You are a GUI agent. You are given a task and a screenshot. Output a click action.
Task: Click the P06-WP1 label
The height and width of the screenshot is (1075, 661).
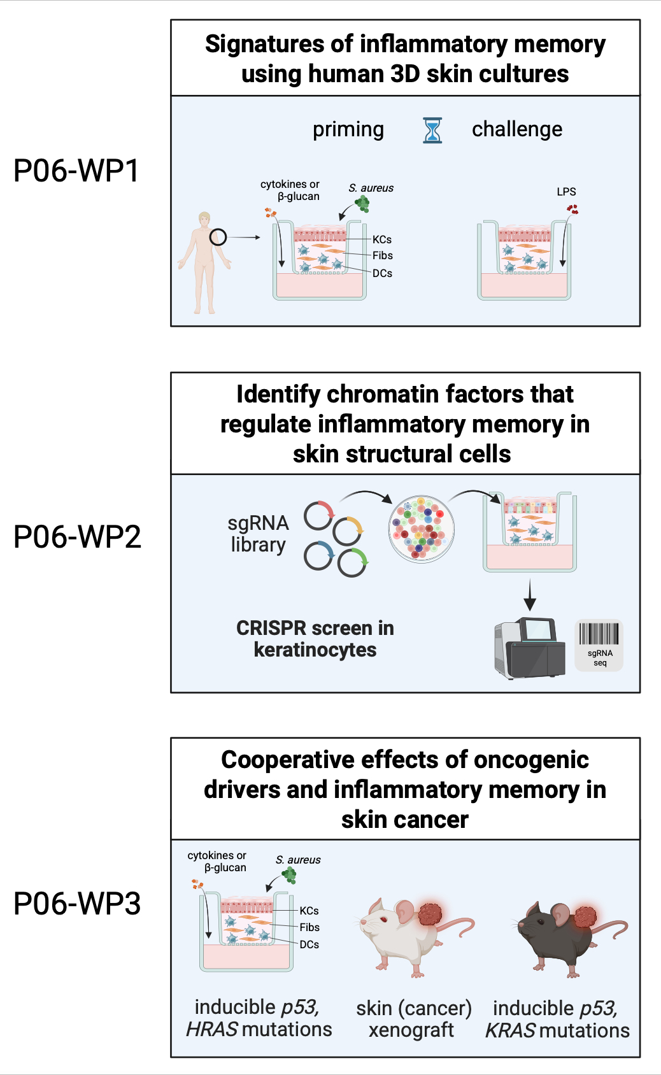[76, 171]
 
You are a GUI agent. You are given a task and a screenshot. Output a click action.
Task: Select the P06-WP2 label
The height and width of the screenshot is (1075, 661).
[77, 537]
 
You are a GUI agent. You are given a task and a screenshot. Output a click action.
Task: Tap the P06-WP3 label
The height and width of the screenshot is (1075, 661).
[77, 904]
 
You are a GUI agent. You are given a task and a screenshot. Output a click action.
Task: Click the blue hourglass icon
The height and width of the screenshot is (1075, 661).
[432, 130]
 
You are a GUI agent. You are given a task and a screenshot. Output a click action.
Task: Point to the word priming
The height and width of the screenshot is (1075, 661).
[348, 129]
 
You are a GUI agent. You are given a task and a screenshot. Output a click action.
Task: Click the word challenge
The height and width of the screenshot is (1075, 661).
[516, 129]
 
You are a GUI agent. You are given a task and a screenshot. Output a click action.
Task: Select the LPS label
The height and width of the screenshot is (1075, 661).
[566, 192]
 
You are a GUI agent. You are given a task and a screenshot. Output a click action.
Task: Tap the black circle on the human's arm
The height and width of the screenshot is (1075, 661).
[218, 238]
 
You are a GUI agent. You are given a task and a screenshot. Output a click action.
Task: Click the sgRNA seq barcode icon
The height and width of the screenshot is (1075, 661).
[599, 644]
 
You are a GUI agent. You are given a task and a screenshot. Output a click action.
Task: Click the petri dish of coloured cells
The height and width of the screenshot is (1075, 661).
[422, 529]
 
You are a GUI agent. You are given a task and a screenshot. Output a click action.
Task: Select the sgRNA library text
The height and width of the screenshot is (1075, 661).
[258, 534]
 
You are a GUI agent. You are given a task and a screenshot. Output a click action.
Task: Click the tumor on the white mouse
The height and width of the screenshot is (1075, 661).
[430, 914]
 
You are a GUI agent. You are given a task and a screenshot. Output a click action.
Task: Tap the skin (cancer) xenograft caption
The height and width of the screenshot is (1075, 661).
[413, 1019]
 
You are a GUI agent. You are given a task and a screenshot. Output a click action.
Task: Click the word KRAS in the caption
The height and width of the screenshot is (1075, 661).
[510, 1030]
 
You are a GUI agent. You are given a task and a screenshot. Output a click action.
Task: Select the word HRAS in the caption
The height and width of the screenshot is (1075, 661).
[212, 1029]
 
